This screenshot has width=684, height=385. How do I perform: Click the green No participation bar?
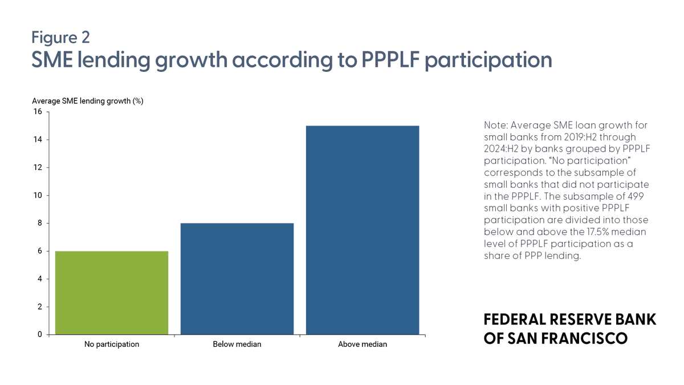click(112, 293)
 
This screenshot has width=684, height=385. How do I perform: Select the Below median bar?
click(237, 278)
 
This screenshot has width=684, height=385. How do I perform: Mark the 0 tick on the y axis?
click(39, 335)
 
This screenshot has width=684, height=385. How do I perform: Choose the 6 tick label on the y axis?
click(39, 251)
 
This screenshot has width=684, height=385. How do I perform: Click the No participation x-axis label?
click(112, 345)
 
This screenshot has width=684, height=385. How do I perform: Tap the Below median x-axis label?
click(237, 345)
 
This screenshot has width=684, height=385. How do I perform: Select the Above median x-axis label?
click(363, 345)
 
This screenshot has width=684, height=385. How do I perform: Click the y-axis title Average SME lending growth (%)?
click(87, 101)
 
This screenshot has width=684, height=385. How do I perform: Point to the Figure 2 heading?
click(60, 37)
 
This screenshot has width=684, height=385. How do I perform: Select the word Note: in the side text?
click(498, 125)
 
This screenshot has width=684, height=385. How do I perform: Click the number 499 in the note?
click(640, 196)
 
